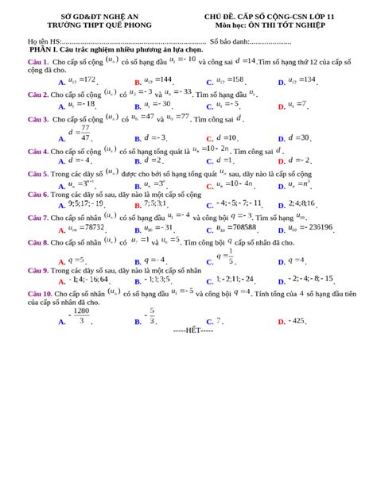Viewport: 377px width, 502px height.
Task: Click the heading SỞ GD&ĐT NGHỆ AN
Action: (99, 16)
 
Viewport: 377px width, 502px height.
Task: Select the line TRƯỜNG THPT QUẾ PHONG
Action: (99, 25)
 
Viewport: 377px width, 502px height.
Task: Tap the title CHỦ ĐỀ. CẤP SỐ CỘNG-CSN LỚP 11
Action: (269, 16)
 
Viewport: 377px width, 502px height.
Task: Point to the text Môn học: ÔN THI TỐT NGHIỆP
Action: (269, 25)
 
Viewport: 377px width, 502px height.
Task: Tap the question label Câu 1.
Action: (38, 60)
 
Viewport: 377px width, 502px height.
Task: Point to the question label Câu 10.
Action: (41, 293)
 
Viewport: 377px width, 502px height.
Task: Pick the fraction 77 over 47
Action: (85, 133)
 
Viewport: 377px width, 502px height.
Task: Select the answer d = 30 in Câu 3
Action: (299, 137)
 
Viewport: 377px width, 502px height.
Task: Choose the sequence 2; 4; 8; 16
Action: (301, 203)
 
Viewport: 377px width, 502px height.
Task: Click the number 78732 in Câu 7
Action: (89, 227)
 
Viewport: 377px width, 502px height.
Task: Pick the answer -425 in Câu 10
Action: (297, 321)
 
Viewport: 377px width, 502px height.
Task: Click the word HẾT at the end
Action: (192, 329)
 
